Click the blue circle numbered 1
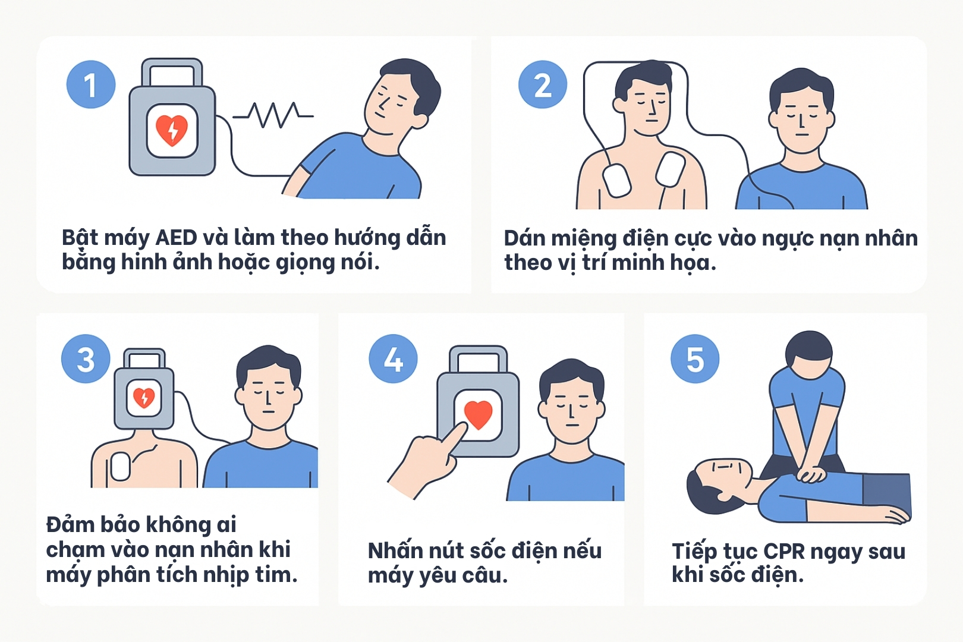pos(91,84)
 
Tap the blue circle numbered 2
pos(543,84)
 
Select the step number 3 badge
pos(86,358)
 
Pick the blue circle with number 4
pos(393,358)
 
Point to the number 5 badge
pos(695,358)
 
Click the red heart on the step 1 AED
pos(172,130)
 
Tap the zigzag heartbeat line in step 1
pos(273,115)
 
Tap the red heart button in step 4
pos(478,415)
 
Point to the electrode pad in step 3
pos(120,467)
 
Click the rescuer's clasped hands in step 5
pos(811,475)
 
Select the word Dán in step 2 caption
pos(524,238)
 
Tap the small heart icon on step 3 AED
pos(144,397)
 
